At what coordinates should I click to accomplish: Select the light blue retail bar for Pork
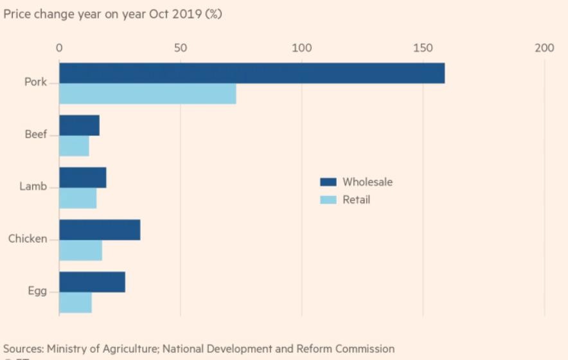click(x=148, y=94)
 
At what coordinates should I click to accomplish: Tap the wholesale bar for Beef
click(x=79, y=125)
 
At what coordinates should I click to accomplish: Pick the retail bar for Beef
click(x=74, y=146)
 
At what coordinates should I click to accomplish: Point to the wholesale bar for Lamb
click(x=82, y=177)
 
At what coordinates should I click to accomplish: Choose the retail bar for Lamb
click(x=78, y=198)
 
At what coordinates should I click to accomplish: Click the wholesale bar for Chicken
click(x=100, y=230)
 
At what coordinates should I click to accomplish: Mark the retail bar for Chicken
click(x=80, y=250)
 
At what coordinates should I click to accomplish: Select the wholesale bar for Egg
click(x=92, y=282)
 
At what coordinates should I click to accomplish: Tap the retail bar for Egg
click(x=75, y=302)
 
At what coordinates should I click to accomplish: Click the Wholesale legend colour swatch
click(x=328, y=182)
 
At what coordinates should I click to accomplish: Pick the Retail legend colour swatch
click(x=328, y=200)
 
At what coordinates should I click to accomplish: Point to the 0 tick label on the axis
click(x=59, y=48)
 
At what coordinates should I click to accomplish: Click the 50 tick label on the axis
click(x=181, y=48)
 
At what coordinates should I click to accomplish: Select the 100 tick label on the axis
click(x=301, y=48)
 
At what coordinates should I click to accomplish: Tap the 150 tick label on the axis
click(x=423, y=48)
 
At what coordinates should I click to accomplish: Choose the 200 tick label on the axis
click(x=544, y=48)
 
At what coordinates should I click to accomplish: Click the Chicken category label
click(x=28, y=239)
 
